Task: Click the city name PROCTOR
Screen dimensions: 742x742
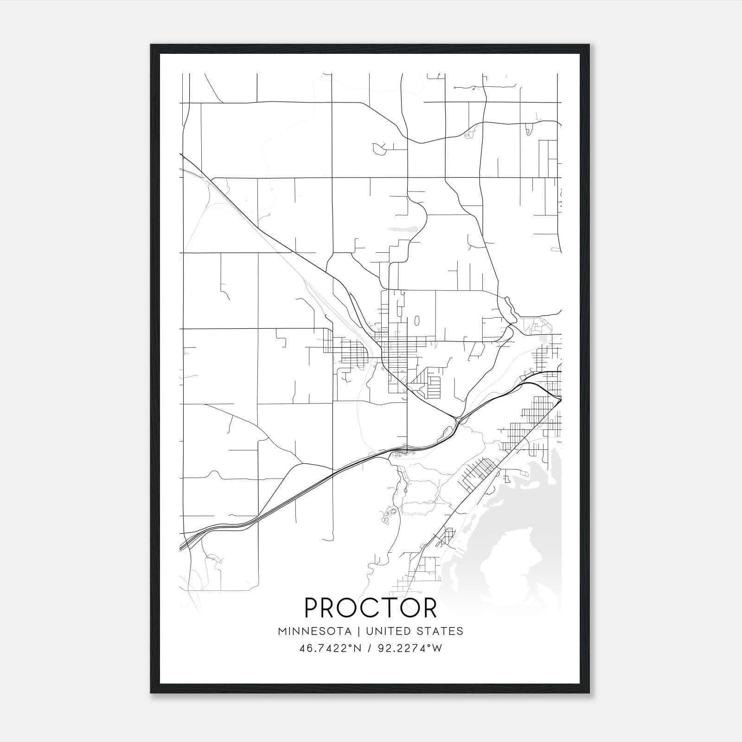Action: tap(371, 608)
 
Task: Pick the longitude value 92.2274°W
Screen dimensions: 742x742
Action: tap(411, 648)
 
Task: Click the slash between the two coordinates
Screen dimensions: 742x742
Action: tap(369, 648)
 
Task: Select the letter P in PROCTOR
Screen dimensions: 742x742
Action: tap(312, 608)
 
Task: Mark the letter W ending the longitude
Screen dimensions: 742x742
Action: tap(437, 648)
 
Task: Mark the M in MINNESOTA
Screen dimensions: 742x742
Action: tap(282, 631)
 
